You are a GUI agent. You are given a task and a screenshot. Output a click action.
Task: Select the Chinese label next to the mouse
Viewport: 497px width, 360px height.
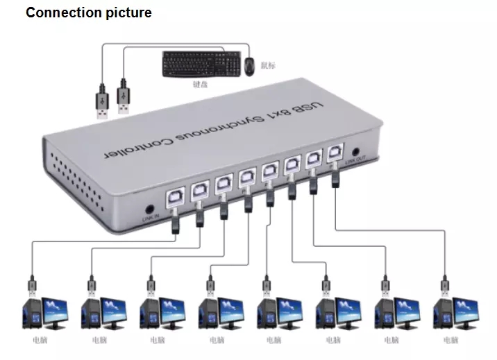click(268, 66)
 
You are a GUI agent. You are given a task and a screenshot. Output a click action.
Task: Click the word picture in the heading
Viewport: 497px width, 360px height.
click(126, 13)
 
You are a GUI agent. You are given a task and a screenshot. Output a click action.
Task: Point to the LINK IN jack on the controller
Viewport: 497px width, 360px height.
click(148, 208)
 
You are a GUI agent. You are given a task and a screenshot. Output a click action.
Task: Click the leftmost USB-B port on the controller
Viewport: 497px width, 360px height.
click(173, 198)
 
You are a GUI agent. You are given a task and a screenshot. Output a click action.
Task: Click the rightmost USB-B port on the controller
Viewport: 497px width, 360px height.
click(335, 151)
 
